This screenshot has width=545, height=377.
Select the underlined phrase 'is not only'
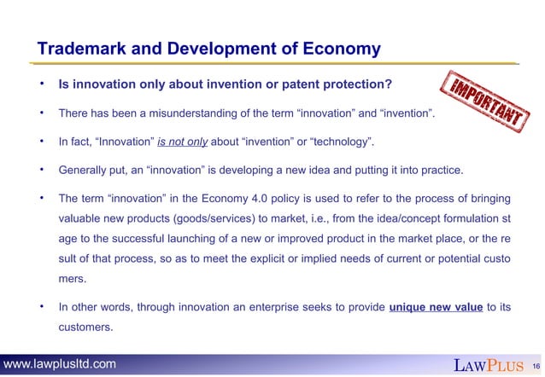point(185,142)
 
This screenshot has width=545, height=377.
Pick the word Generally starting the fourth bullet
point(85,170)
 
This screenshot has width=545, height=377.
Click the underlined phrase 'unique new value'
point(436,307)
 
